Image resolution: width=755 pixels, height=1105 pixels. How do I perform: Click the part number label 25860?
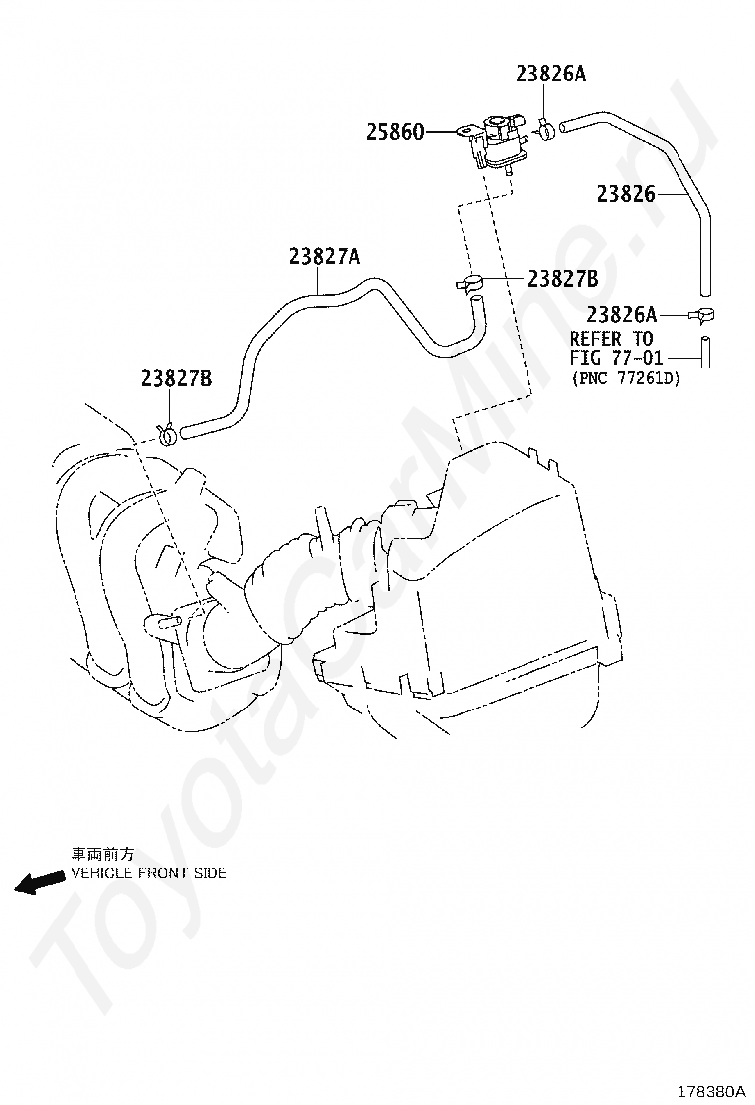(394, 132)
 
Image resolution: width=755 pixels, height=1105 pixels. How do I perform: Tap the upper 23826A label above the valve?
(550, 74)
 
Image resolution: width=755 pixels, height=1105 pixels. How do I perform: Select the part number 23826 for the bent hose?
(626, 193)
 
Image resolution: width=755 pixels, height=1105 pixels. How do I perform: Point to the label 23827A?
(324, 257)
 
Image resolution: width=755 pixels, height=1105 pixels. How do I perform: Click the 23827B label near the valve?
(563, 280)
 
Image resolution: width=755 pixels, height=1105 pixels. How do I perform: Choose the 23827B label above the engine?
(176, 379)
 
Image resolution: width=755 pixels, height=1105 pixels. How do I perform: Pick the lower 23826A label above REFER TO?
(621, 314)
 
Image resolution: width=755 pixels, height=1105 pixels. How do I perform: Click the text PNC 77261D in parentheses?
(626, 379)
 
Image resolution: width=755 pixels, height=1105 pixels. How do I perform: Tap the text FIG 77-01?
(616, 358)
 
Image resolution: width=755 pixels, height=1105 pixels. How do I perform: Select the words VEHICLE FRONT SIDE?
(149, 873)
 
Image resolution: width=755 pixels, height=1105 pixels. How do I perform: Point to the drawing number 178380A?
(710, 1091)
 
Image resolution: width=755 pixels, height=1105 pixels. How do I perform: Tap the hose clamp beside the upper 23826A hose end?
(545, 129)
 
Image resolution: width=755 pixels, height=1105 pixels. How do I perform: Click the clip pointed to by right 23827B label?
(468, 284)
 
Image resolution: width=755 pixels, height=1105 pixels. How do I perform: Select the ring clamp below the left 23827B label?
(168, 432)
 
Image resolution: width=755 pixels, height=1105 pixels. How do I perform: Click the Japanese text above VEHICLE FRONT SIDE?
(102, 854)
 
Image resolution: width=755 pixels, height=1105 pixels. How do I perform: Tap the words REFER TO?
(611, 338)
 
